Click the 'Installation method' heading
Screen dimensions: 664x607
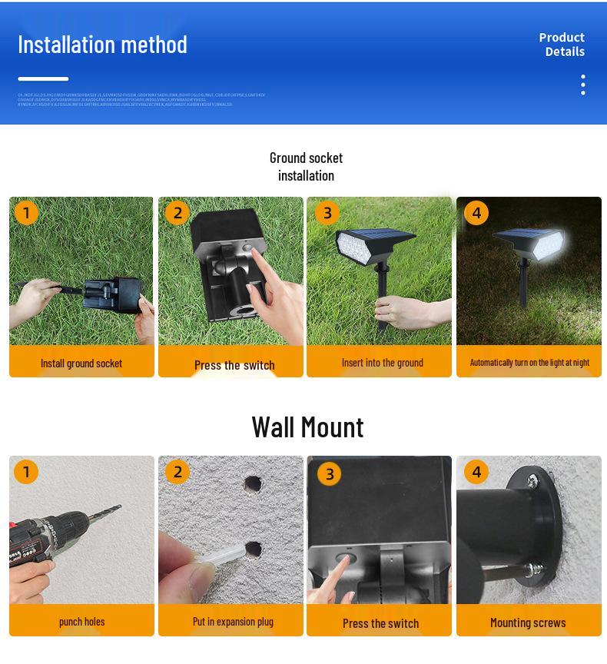point(102,45)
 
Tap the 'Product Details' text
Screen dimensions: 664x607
point(563,45)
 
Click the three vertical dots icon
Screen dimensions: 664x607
point(583,85)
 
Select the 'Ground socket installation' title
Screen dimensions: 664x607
point(306,167)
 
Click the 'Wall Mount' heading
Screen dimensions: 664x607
point(307,427)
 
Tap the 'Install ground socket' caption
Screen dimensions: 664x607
point(81,364)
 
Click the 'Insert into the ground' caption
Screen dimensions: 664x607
point(382,363)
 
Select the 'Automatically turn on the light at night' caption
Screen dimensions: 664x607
point(529,363)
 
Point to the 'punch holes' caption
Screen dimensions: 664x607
point(81,622)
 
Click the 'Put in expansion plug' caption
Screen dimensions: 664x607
point(233,622)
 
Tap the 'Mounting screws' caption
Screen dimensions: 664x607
point(528,622)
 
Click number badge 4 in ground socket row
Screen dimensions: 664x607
point(476,213)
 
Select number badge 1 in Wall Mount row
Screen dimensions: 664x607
point(26,471)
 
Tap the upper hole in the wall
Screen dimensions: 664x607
point(253,484)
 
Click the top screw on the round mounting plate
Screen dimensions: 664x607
point(532,480)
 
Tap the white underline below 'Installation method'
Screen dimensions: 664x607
point(43,79)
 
